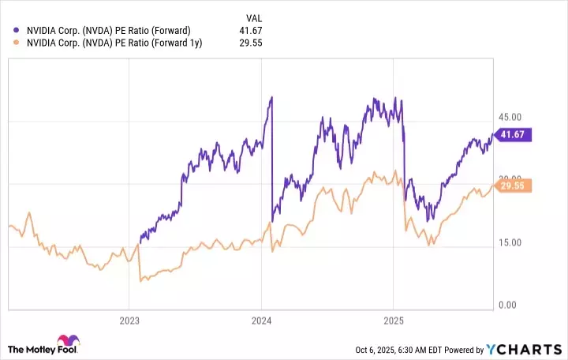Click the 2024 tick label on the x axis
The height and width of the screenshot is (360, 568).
coord(261,321)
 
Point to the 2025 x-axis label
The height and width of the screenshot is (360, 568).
coord(393,321)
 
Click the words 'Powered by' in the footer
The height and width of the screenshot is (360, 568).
coord(471,350)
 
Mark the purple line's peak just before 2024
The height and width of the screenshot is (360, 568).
coord(271,97)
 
